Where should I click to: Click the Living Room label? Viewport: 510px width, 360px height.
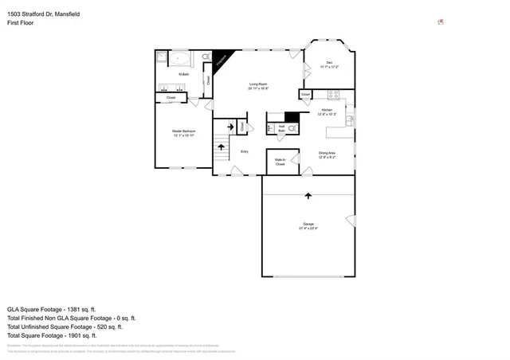click(x=257, y=86)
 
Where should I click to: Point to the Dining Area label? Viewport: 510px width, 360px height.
click(x=327, y=155)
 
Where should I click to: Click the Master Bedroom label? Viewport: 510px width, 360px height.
click(x=183, y=132)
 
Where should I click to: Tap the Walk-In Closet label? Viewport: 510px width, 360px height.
click(x=280, y=162)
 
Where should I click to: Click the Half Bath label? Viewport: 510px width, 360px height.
click(x=281, y=130)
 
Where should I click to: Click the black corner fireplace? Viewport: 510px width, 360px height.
click(x=228, y=59)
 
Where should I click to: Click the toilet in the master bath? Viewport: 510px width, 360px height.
click(x=206, y=57)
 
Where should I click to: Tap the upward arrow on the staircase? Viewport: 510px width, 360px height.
click(x=230, y=125)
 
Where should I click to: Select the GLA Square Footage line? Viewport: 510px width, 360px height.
click(x=51, y=308)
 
